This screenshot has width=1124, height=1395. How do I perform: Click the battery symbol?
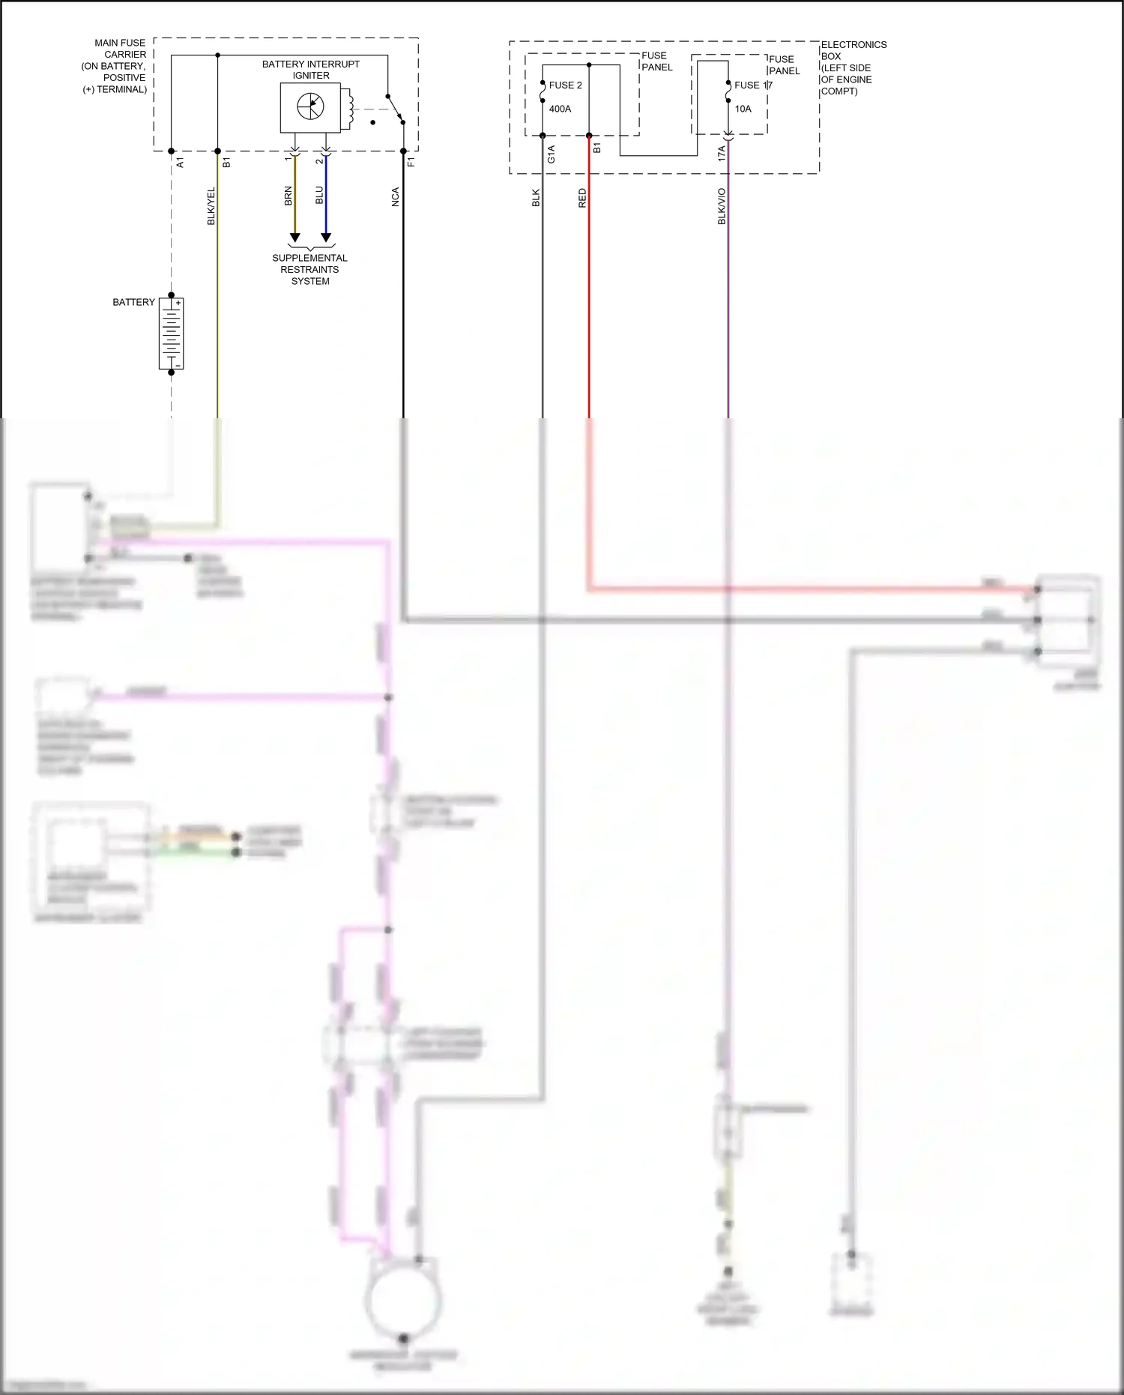172,334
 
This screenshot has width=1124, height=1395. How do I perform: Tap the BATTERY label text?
133,302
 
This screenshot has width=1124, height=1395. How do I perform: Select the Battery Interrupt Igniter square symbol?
310,107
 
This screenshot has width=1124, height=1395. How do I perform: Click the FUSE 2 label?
565,85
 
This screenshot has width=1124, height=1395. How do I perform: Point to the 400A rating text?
560,109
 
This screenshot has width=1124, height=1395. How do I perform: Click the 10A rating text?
743,109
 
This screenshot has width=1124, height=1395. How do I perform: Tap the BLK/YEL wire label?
211,205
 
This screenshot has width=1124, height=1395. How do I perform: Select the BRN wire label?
288,196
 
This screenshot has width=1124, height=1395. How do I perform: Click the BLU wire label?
320,195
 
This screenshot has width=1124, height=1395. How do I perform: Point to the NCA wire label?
396,197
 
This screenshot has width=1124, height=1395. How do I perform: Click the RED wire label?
582,198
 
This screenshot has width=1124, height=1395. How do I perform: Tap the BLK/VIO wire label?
722,206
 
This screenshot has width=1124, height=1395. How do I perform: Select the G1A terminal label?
552,154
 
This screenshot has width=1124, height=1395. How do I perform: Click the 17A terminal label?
722,154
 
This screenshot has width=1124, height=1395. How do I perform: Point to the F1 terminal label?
411,161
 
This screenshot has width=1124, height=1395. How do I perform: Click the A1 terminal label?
180,162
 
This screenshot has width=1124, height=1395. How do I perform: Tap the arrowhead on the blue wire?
326,238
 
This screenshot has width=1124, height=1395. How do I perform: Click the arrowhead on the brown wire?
294,238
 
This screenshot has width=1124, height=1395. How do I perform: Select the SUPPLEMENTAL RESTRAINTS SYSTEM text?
309,269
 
